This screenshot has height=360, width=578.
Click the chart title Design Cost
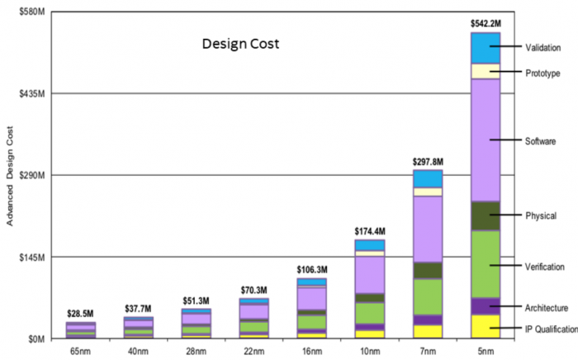click(x=241, y=44)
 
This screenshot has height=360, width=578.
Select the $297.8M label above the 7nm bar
click(x=428, y=162)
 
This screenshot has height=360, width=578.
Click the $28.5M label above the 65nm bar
click(x=81, y=313)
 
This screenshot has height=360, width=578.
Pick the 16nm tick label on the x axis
click(x=312, y=351)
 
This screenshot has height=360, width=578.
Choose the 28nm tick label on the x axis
click(x=197, y=351)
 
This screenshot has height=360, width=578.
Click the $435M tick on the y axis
click(x=31, y=93)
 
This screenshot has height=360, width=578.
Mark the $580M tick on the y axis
click(x=31, y=12)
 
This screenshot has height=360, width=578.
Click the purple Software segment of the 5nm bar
click(x=486, y=140)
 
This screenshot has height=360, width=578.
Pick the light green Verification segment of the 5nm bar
click(x=486, y=263)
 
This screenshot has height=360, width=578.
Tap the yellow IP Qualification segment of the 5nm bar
click(x=486, y=326)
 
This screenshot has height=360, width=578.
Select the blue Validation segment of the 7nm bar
click(x=428, y=178)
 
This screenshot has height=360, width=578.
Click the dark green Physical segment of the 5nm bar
click(x=486, y=216)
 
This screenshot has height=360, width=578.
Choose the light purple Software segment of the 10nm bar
click(x=370, y=274)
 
